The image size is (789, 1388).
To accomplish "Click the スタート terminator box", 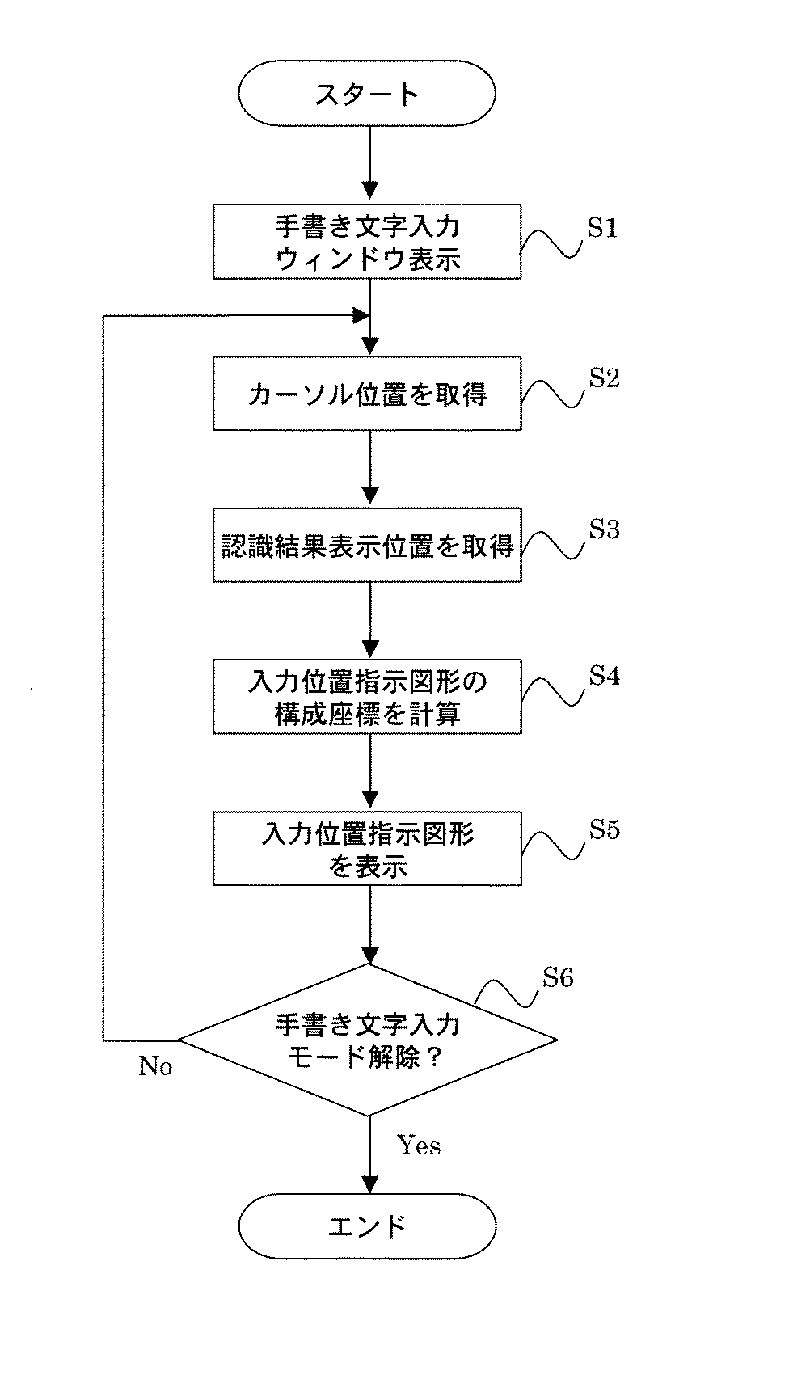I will click(367, 94).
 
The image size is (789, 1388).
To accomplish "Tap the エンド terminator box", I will click(367, 1226).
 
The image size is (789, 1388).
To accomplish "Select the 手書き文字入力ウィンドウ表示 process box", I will click(367, 243).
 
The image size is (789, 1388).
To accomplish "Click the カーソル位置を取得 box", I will click(367, 394).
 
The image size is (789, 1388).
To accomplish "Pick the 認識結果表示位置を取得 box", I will click(367, 546).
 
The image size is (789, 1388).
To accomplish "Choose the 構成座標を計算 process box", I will click(367, 697).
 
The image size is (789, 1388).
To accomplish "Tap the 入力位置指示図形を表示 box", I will click(367, 849).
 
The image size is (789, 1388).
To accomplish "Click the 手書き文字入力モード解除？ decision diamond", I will click(367, 1040).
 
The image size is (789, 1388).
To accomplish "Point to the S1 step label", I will click(602, 229).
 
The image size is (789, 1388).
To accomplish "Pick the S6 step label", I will click(558, 978).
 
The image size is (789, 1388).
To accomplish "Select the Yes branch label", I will click(419, 1145).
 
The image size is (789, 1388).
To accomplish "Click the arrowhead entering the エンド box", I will click(369, 1185).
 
